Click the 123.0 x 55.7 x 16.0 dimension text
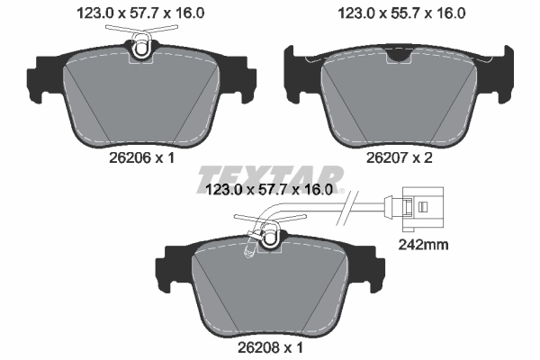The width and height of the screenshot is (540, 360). (x=394, y=13)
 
